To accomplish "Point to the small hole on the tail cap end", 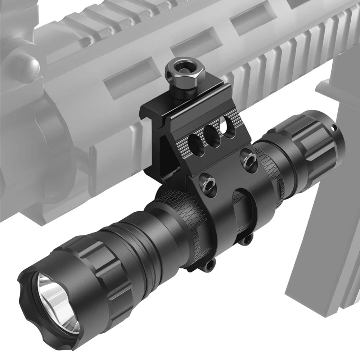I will [333, 127].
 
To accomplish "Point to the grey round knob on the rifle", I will [27, 65].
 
